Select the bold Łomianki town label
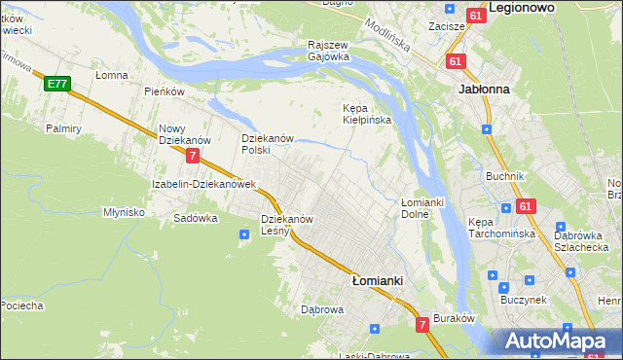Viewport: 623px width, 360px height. tap(377, 279)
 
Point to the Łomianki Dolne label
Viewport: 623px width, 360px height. tap(422, 207)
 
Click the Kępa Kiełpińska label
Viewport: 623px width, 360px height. tap(367, 114)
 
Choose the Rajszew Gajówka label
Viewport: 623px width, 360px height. tap(328, 51)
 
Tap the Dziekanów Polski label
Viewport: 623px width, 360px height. tap(268, 144)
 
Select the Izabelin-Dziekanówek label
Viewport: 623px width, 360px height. tap(203, 183)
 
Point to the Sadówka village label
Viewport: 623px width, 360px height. tap(195, 218)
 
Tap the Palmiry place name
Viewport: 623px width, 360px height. tap(62, 127)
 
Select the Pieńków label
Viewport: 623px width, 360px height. tap(164, 91)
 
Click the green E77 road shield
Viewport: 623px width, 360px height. tap(56, 85)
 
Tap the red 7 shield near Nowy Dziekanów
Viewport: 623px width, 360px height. tap(194, 156)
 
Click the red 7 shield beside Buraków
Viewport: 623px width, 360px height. tap(422, 324)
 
